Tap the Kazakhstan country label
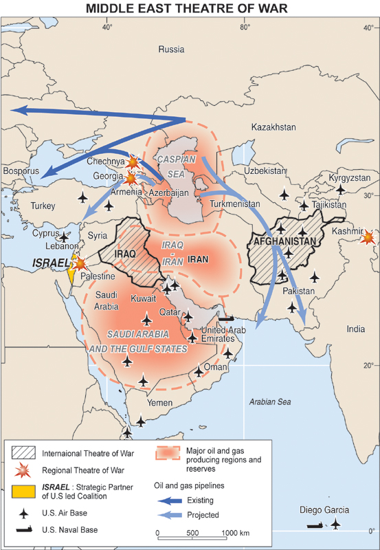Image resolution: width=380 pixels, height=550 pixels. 273,127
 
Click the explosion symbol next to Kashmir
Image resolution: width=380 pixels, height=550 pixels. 369,237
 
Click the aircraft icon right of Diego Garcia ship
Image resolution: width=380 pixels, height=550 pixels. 335,524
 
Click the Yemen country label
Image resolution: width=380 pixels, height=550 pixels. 160,402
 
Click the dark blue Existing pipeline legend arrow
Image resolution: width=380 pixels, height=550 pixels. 166,500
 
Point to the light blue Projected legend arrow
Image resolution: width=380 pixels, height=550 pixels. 166,514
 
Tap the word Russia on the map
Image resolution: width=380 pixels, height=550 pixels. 171,49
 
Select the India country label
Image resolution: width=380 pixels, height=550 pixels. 356,329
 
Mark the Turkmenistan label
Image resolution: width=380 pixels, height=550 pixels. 235,204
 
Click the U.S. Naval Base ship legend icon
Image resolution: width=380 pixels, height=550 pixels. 24,530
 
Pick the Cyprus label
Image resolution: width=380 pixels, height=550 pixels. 46,233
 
